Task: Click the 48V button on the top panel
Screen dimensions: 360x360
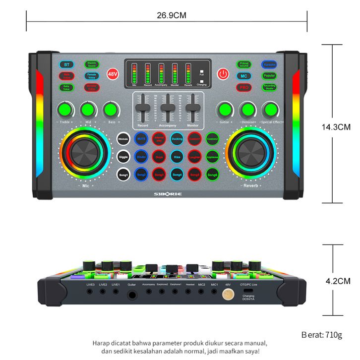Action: coord(113,74)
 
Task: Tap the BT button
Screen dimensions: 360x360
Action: coord(66,65)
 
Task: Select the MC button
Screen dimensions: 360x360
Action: coord(243,76)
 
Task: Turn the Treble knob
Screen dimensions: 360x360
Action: coord(64,109)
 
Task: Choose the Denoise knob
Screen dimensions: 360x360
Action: coord(247,109)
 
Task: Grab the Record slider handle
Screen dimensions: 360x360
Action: coord(143,109)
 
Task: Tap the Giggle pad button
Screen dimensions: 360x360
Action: coord(123,157)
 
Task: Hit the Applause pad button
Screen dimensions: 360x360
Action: coord(213,157)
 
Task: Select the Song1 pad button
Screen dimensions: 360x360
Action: coord(123,175)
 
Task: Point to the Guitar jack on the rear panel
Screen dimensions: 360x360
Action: coord(132,295)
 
